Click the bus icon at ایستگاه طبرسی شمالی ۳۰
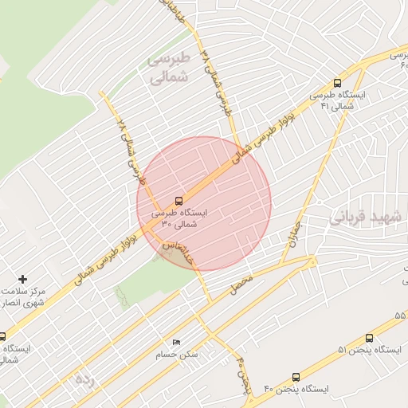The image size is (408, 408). (x=178, y=201)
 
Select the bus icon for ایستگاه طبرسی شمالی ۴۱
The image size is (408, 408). (x=338, y=82)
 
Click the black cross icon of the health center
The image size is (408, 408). (x=23, y=279)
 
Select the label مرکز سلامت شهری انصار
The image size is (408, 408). (x=22, y=297)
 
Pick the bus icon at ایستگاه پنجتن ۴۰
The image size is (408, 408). (x=296, y=377)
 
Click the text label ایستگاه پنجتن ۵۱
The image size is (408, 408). (x=368, y=351)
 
